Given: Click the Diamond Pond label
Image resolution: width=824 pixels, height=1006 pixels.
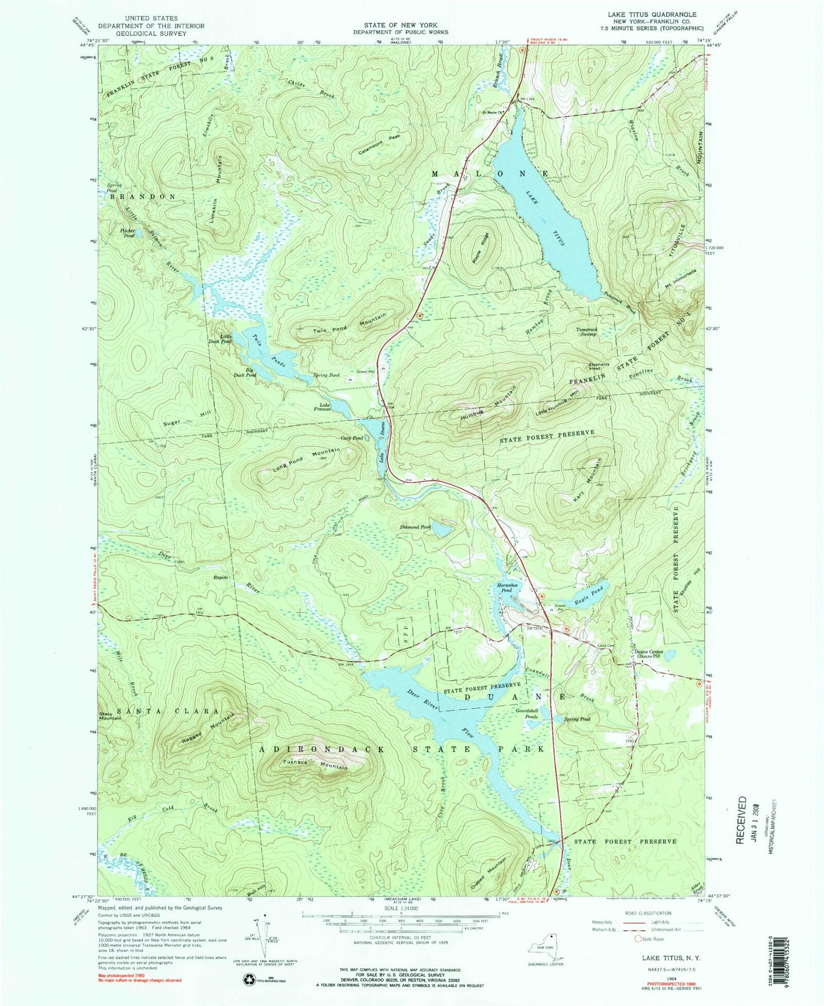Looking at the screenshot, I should [x=418, y=527].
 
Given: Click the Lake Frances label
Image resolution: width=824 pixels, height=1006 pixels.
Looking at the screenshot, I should [x=322, y=406].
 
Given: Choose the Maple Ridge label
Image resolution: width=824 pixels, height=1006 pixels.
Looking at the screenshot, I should [x=480, y=248].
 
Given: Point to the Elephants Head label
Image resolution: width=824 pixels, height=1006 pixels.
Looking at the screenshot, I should [x=599, y=366].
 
